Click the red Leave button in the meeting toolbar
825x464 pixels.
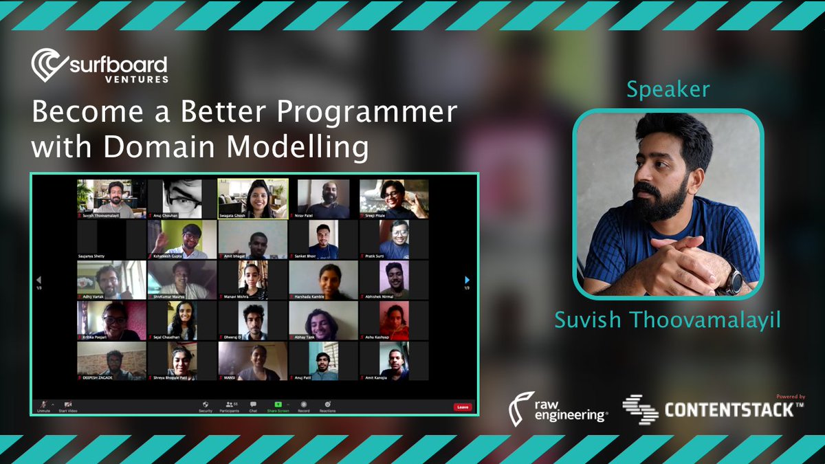[463, 407]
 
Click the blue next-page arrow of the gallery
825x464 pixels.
[467, 280]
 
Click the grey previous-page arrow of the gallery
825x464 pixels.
[38, 280]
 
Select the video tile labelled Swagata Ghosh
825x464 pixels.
[253, 199]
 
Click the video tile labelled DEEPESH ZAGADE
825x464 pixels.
[111, 361]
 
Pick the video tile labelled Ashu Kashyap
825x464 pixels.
[394, 320]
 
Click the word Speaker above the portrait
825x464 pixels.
[668, 89]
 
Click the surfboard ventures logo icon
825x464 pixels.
[48, 65]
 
